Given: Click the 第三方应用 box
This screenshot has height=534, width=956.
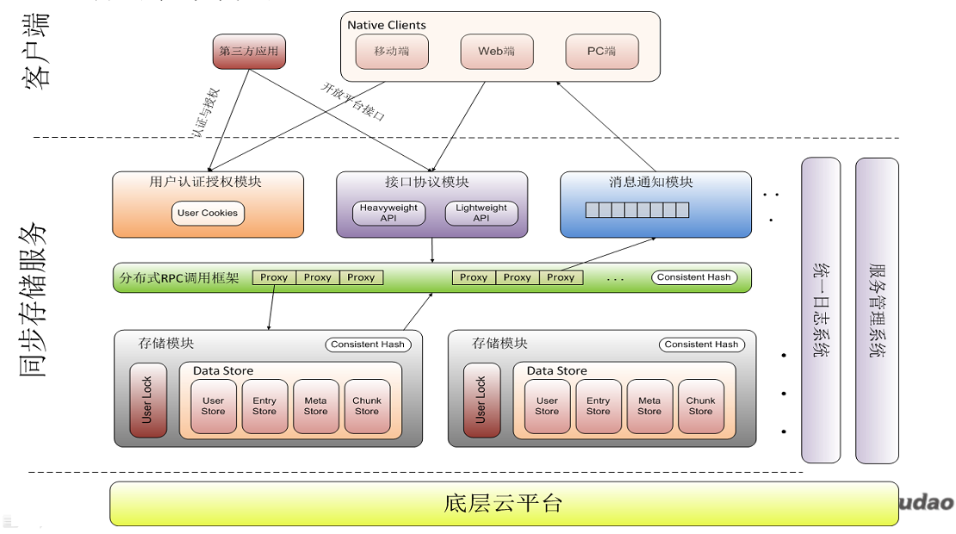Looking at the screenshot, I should point(249,52).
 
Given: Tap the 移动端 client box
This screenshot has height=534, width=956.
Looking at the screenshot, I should point(392,52).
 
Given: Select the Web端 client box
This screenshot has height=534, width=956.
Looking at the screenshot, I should point(496,52).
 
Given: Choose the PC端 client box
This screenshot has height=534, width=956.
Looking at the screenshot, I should point(602,52).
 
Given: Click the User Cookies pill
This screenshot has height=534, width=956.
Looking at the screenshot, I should point(208,214).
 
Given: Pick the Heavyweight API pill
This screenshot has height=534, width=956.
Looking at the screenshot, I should point(388,214).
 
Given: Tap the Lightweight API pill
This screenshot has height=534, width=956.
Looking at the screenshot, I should point(481,214).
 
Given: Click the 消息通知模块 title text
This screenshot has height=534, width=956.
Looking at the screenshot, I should point(651,183).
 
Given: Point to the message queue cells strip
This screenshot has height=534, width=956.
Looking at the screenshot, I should point(637,210).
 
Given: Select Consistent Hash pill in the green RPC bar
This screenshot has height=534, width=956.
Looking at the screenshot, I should point(694,277).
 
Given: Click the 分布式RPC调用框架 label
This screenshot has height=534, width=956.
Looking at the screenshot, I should point(180,278).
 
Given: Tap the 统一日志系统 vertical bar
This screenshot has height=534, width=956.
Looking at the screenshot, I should point(820,310).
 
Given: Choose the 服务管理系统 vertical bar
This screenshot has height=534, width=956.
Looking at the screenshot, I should point(877,310).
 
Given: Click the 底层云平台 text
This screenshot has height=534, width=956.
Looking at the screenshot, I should point(504,504).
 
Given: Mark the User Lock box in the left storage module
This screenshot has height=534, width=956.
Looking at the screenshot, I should point(148,400).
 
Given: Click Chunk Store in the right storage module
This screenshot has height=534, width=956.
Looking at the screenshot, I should point(701,407).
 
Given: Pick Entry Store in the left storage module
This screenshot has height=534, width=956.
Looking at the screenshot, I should point(264,407).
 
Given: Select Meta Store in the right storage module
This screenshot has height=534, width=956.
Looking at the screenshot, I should point(649,407).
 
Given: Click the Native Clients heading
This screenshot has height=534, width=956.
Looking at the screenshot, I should point(387,25).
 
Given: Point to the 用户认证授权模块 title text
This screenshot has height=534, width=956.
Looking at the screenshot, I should point(206,183).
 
